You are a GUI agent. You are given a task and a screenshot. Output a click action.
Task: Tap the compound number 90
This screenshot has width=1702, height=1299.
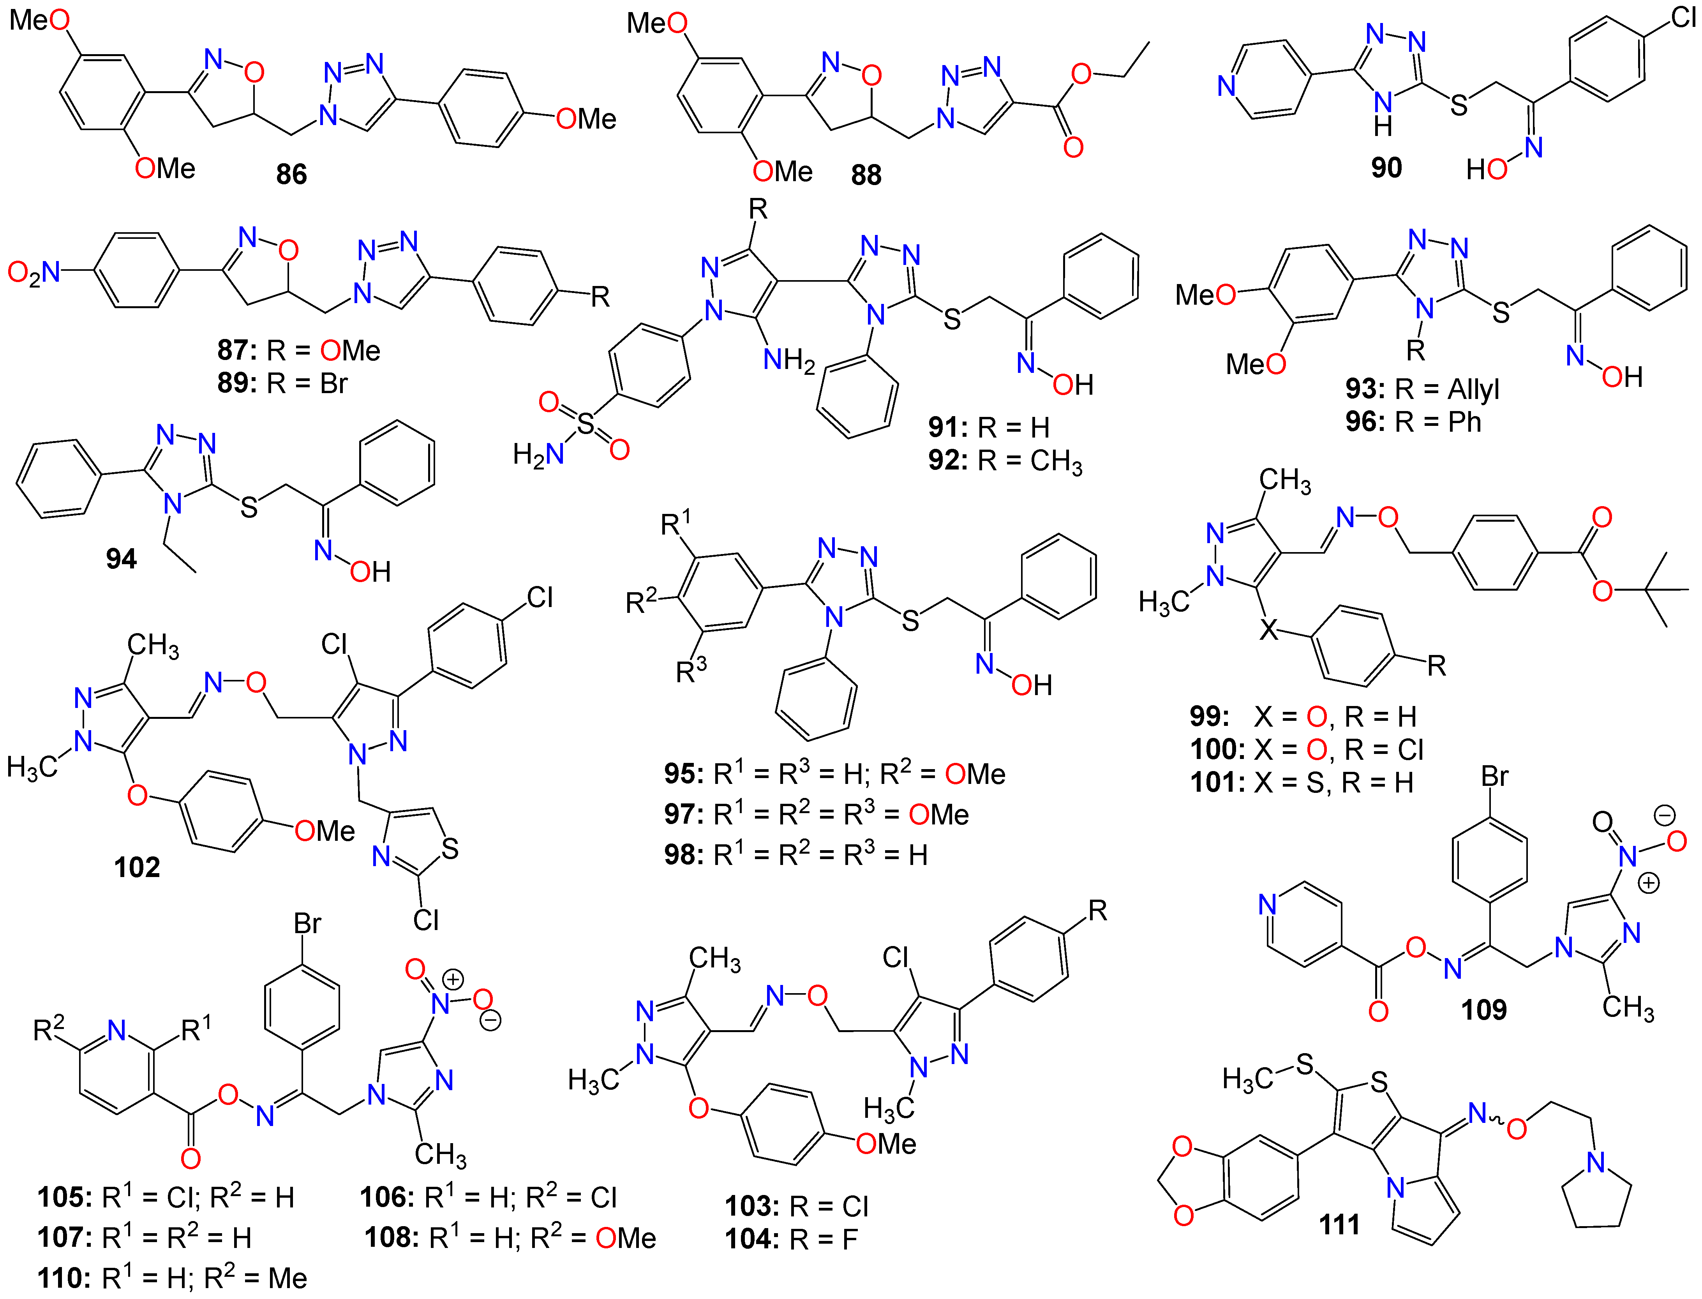(x=1386, y=168)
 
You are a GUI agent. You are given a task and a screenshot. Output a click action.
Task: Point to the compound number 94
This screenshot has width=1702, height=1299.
(x=122, y=558)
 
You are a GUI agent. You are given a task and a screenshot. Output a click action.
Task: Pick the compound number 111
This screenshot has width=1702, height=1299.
(x=1339, y=1225)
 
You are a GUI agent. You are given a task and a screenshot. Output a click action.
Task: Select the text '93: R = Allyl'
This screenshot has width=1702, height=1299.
(x=1422, y=389)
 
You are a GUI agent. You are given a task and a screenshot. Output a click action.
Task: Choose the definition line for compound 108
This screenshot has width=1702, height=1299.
(x=510, y=1238)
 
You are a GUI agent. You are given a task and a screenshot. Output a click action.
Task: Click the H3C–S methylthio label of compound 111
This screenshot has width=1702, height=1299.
(x=1268, y=1074)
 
